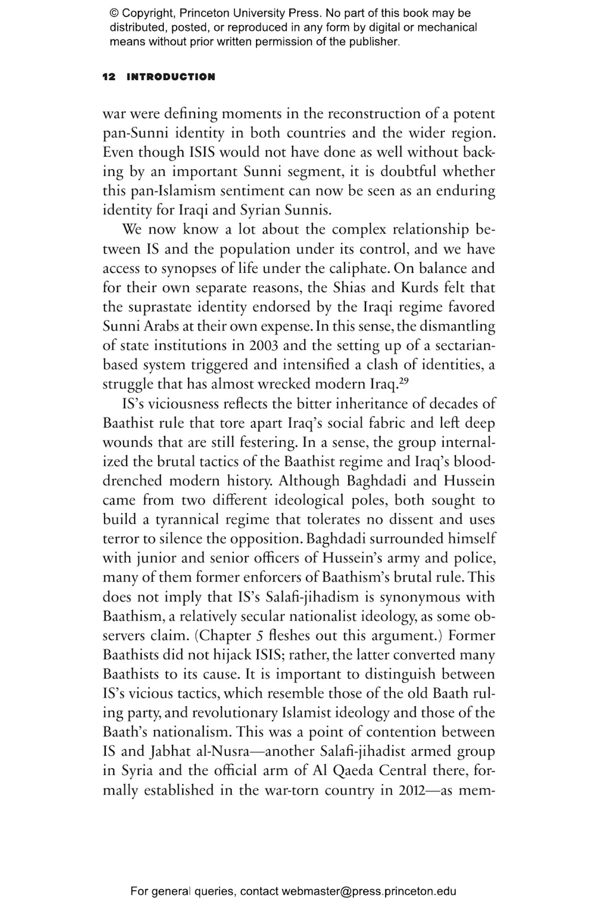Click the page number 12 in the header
point(109,77)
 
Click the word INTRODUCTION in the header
point(171,77)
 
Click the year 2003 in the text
point(263,346)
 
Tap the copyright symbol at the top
point(114,13)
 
